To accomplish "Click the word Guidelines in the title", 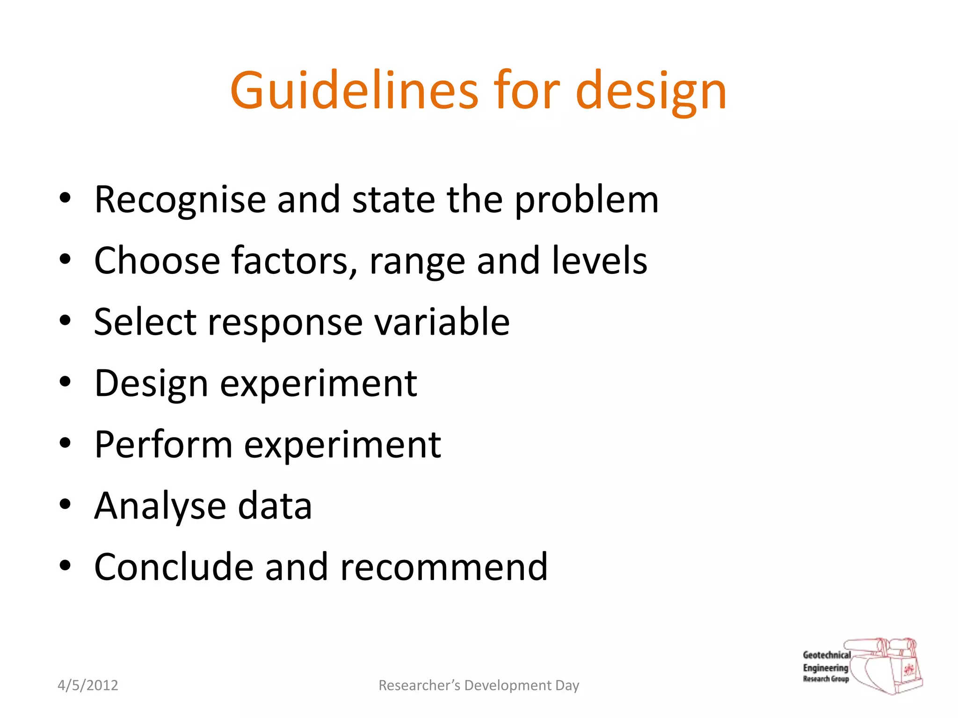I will [x=354, y=90].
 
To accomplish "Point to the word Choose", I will [x=157, y=260].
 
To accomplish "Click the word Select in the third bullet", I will [x=145, y=322].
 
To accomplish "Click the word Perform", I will [x=163, y=444].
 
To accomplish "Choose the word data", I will [x=275, y=506].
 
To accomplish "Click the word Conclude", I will [x=174, y=567].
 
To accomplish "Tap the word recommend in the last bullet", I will [x=444, y=567].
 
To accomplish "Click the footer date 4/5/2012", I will [x=88, y=685].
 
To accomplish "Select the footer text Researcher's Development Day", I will [x=479, y=685].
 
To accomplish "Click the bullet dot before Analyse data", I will [x=65, y=504].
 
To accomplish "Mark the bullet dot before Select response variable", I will [x=65, y=320].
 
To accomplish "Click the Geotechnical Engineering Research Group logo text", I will [x=826, y=667].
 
